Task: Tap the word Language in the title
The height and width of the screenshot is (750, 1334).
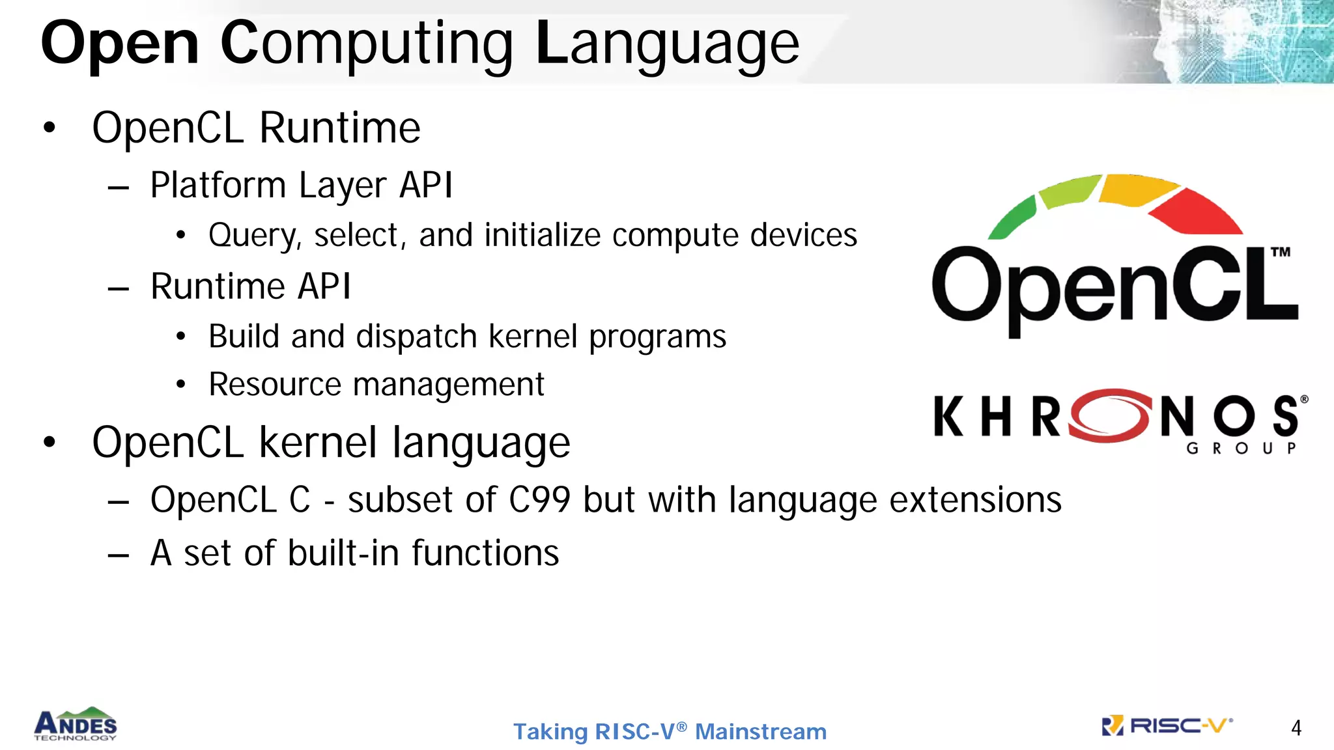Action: [667, 44]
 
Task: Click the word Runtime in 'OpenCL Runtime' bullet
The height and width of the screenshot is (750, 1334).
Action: [339, 128]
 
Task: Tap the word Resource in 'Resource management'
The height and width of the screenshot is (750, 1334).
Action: [274, 384]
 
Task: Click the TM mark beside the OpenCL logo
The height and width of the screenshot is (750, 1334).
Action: [1280, 253]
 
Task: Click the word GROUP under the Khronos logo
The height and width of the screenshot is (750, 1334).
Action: [1242, 449]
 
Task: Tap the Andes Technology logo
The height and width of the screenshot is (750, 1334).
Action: [76, 724]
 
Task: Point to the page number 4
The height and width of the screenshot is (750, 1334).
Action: [1296, 728]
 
